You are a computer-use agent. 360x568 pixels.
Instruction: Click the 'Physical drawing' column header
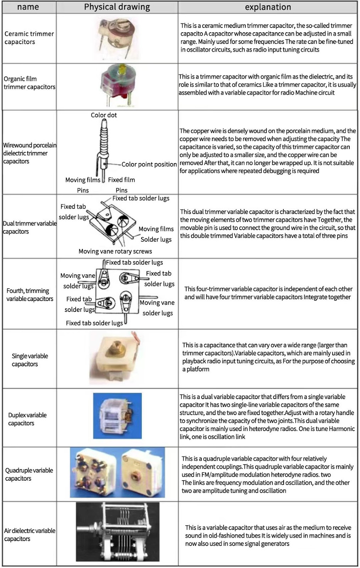coord(117,7)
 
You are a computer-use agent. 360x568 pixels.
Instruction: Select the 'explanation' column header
coord(268,7)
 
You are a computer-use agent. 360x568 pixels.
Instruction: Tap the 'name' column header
coord(28,7)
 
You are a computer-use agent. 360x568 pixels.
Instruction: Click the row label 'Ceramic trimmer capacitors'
coord(29,38)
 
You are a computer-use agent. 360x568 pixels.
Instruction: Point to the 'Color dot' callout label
coord(104,115)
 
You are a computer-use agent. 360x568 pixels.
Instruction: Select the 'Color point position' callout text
coord(149,164)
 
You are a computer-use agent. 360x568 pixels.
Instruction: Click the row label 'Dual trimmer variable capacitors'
coord(29,227)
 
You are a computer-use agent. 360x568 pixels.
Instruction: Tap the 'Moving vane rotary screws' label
coord(115,251)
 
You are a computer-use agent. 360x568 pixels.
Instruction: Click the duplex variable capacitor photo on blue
coord(117,416)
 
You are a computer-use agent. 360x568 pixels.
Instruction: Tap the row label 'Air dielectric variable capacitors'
coord(29,535)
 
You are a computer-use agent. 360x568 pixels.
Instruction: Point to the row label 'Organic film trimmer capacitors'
coord(29,83)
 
